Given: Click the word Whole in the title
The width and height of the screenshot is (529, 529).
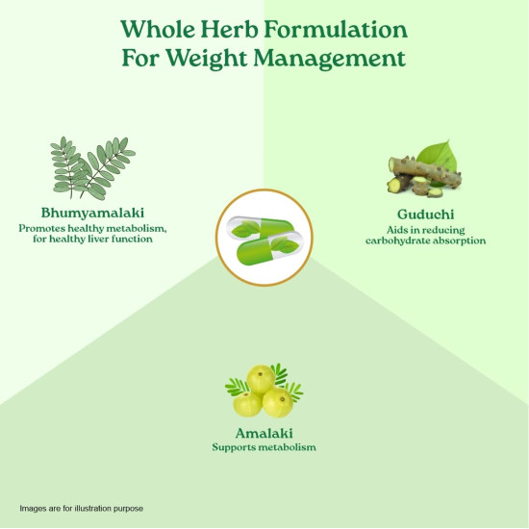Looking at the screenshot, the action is click(158, 29).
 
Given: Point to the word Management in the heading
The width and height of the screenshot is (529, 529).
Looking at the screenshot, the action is click(329, 59).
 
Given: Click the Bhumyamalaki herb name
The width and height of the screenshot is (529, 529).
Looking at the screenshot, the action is click(92, 213).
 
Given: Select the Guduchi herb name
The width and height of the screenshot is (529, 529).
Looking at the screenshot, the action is click(425, 214).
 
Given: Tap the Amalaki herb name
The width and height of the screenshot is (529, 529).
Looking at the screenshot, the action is click(264, 433).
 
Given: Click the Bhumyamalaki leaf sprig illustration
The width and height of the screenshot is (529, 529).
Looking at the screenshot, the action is click(92, 168).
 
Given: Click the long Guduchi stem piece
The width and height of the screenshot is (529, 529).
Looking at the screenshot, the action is click(425, 172).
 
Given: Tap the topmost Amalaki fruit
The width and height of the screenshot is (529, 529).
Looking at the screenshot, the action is click(261, 379).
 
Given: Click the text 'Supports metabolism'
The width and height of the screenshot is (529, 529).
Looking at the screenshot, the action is click(264, 447).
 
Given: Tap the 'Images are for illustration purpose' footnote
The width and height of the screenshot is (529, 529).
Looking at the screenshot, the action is click(82, 509).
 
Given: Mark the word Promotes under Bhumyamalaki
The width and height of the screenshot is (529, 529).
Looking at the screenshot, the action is click(41, 228).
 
